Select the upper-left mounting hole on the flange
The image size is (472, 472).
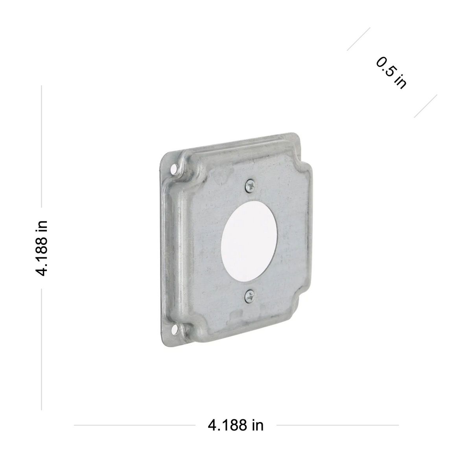coord(174,168)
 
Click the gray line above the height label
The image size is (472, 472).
coord(41,146)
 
